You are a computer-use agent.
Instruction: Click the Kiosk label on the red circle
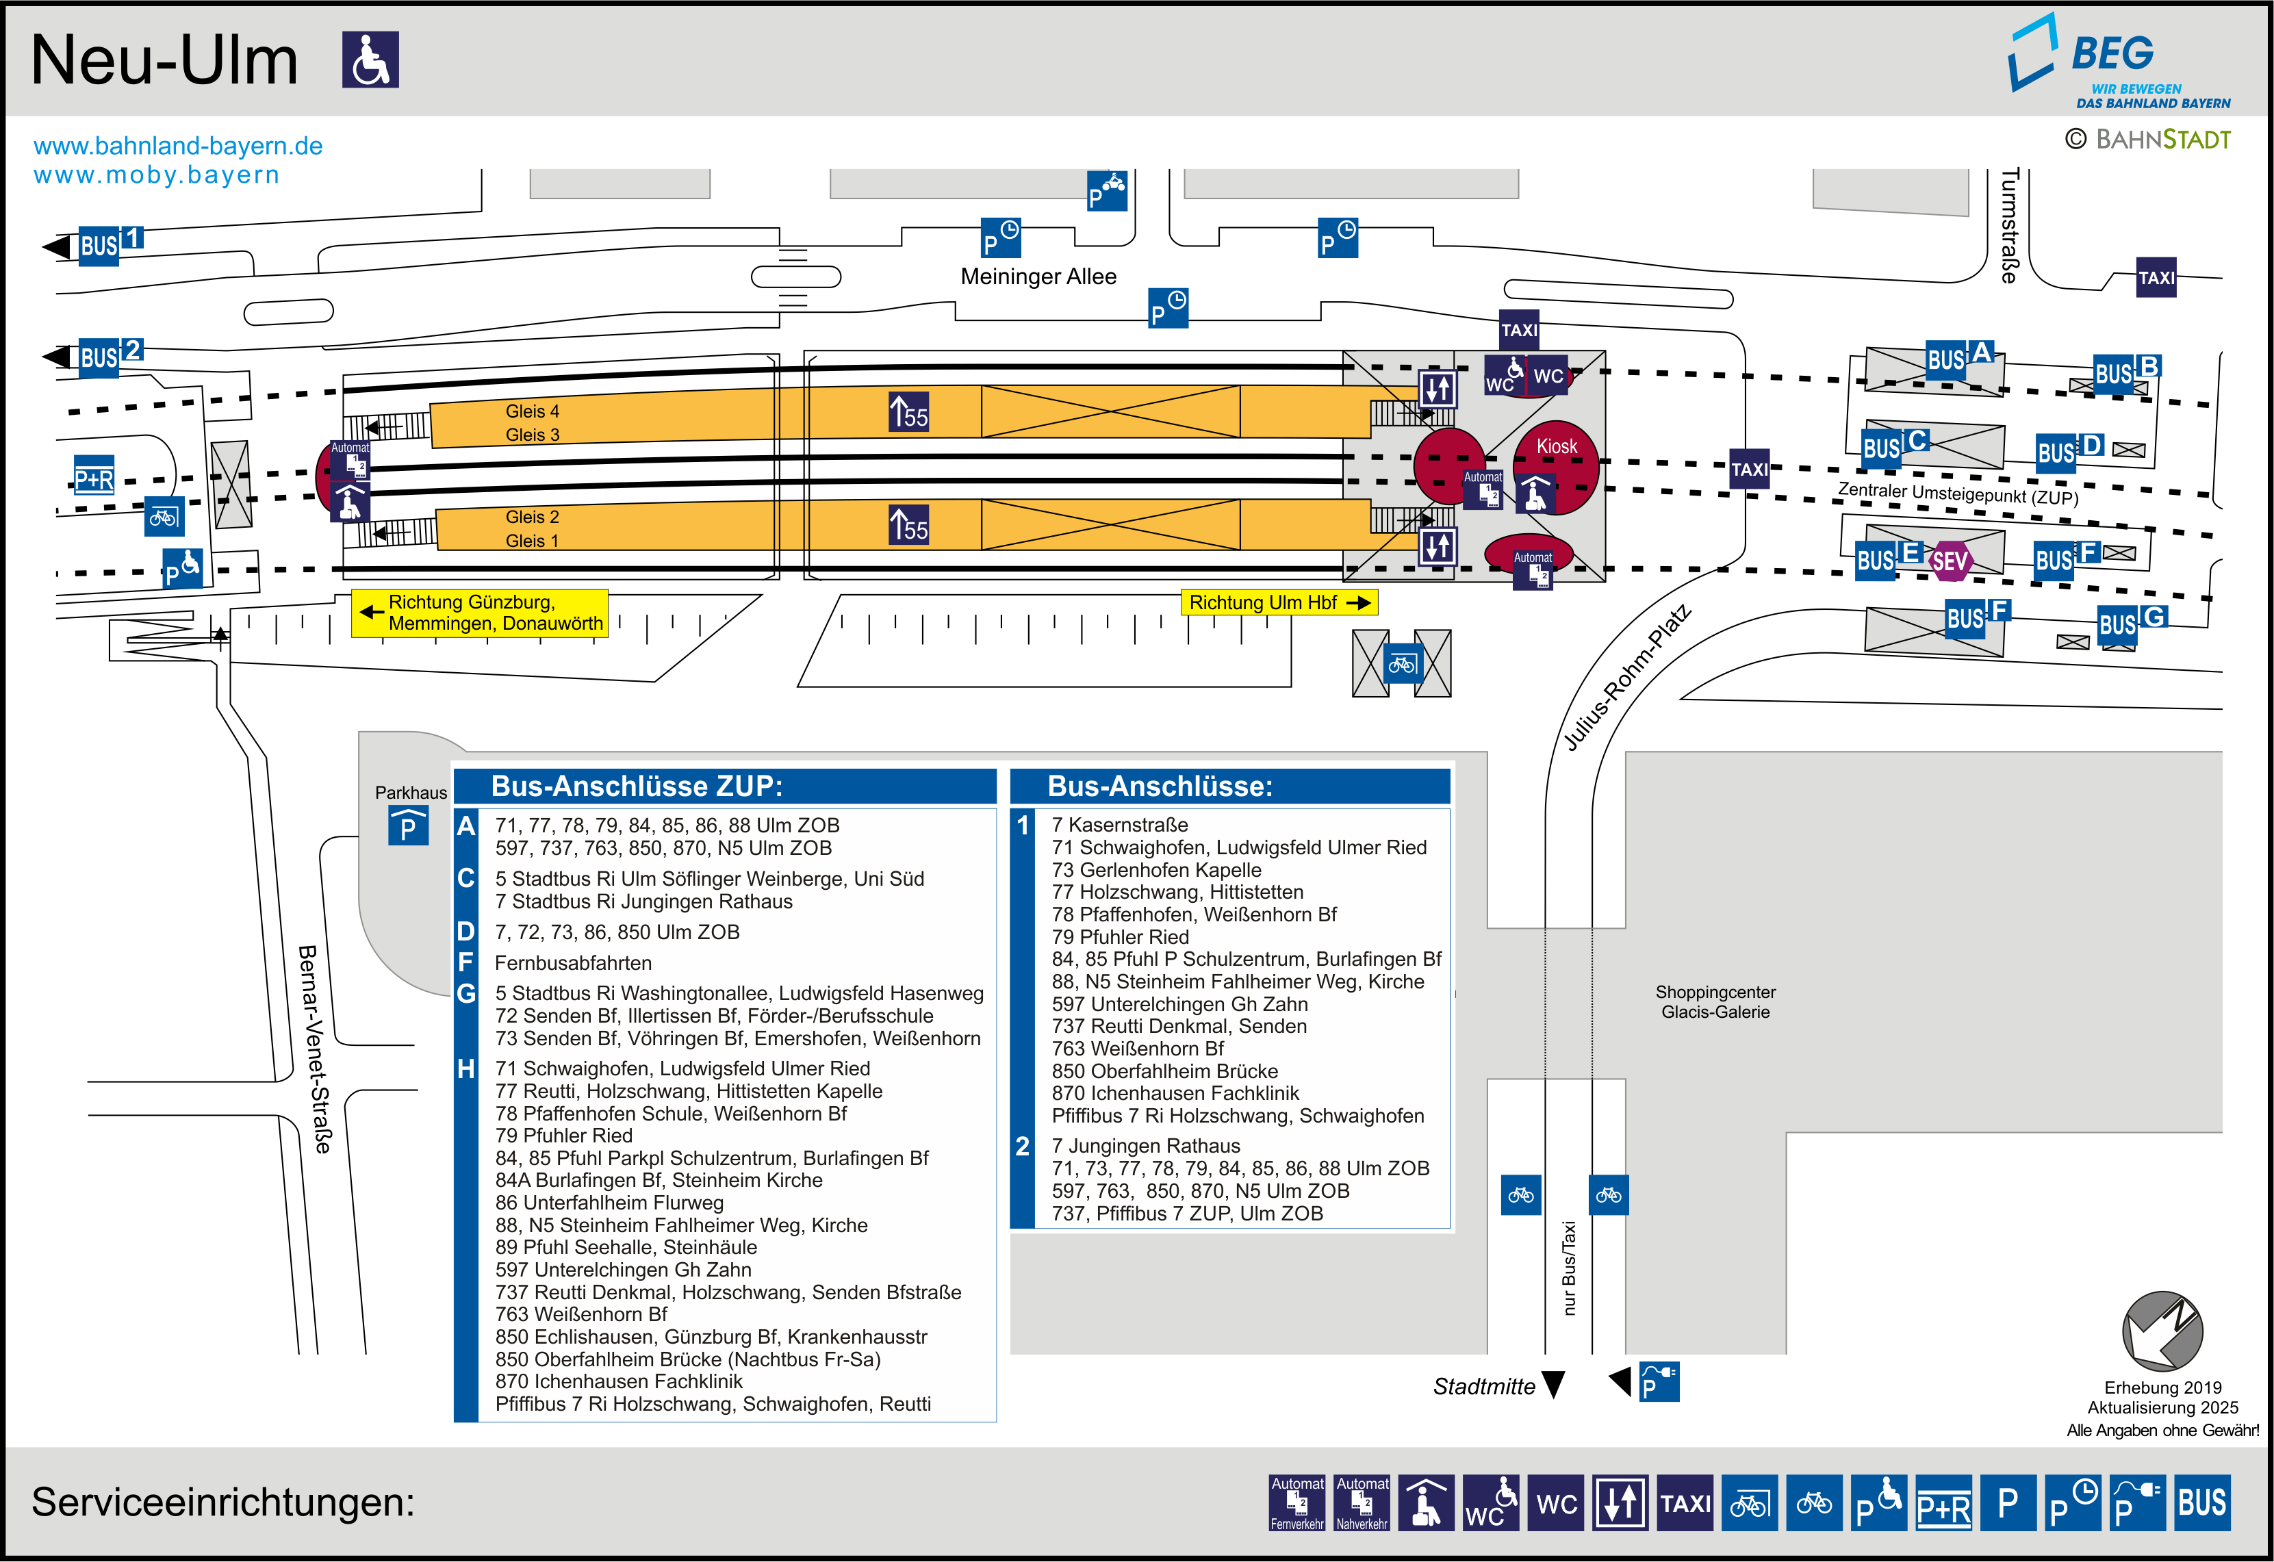pos(1556,446)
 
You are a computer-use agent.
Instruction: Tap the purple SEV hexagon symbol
pos(1948,561)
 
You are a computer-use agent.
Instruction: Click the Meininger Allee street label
pos(1038,277)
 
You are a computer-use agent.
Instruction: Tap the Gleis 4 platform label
pos(533,411)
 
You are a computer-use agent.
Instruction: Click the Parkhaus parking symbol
pos(408,827)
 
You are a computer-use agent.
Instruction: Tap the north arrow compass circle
pos(2162,1331)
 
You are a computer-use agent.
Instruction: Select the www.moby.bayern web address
pos(157,175)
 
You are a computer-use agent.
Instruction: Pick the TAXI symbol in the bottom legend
pos(1685,1502)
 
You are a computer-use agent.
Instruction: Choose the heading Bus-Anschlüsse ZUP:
pos(636,786)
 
